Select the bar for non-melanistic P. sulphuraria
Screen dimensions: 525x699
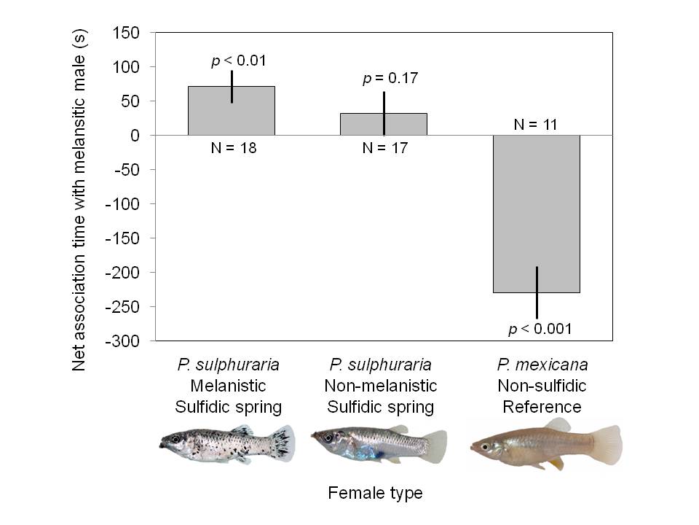384,124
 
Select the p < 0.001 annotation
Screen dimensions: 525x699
540,329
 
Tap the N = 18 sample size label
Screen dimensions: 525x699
232,148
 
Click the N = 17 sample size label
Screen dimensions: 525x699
384,148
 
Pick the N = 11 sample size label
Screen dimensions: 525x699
535,124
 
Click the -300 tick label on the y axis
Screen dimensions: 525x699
125,341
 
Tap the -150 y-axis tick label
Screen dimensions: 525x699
125,238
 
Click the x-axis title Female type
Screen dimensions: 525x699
375,494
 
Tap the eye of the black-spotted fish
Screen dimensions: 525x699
175,439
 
